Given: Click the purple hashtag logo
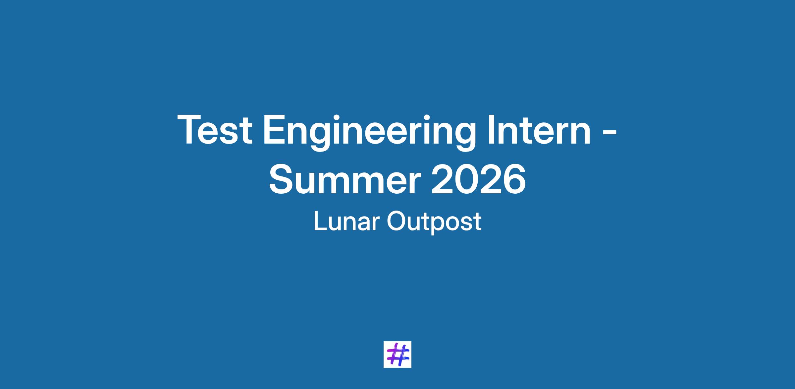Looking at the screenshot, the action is click(x=397, y=354).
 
